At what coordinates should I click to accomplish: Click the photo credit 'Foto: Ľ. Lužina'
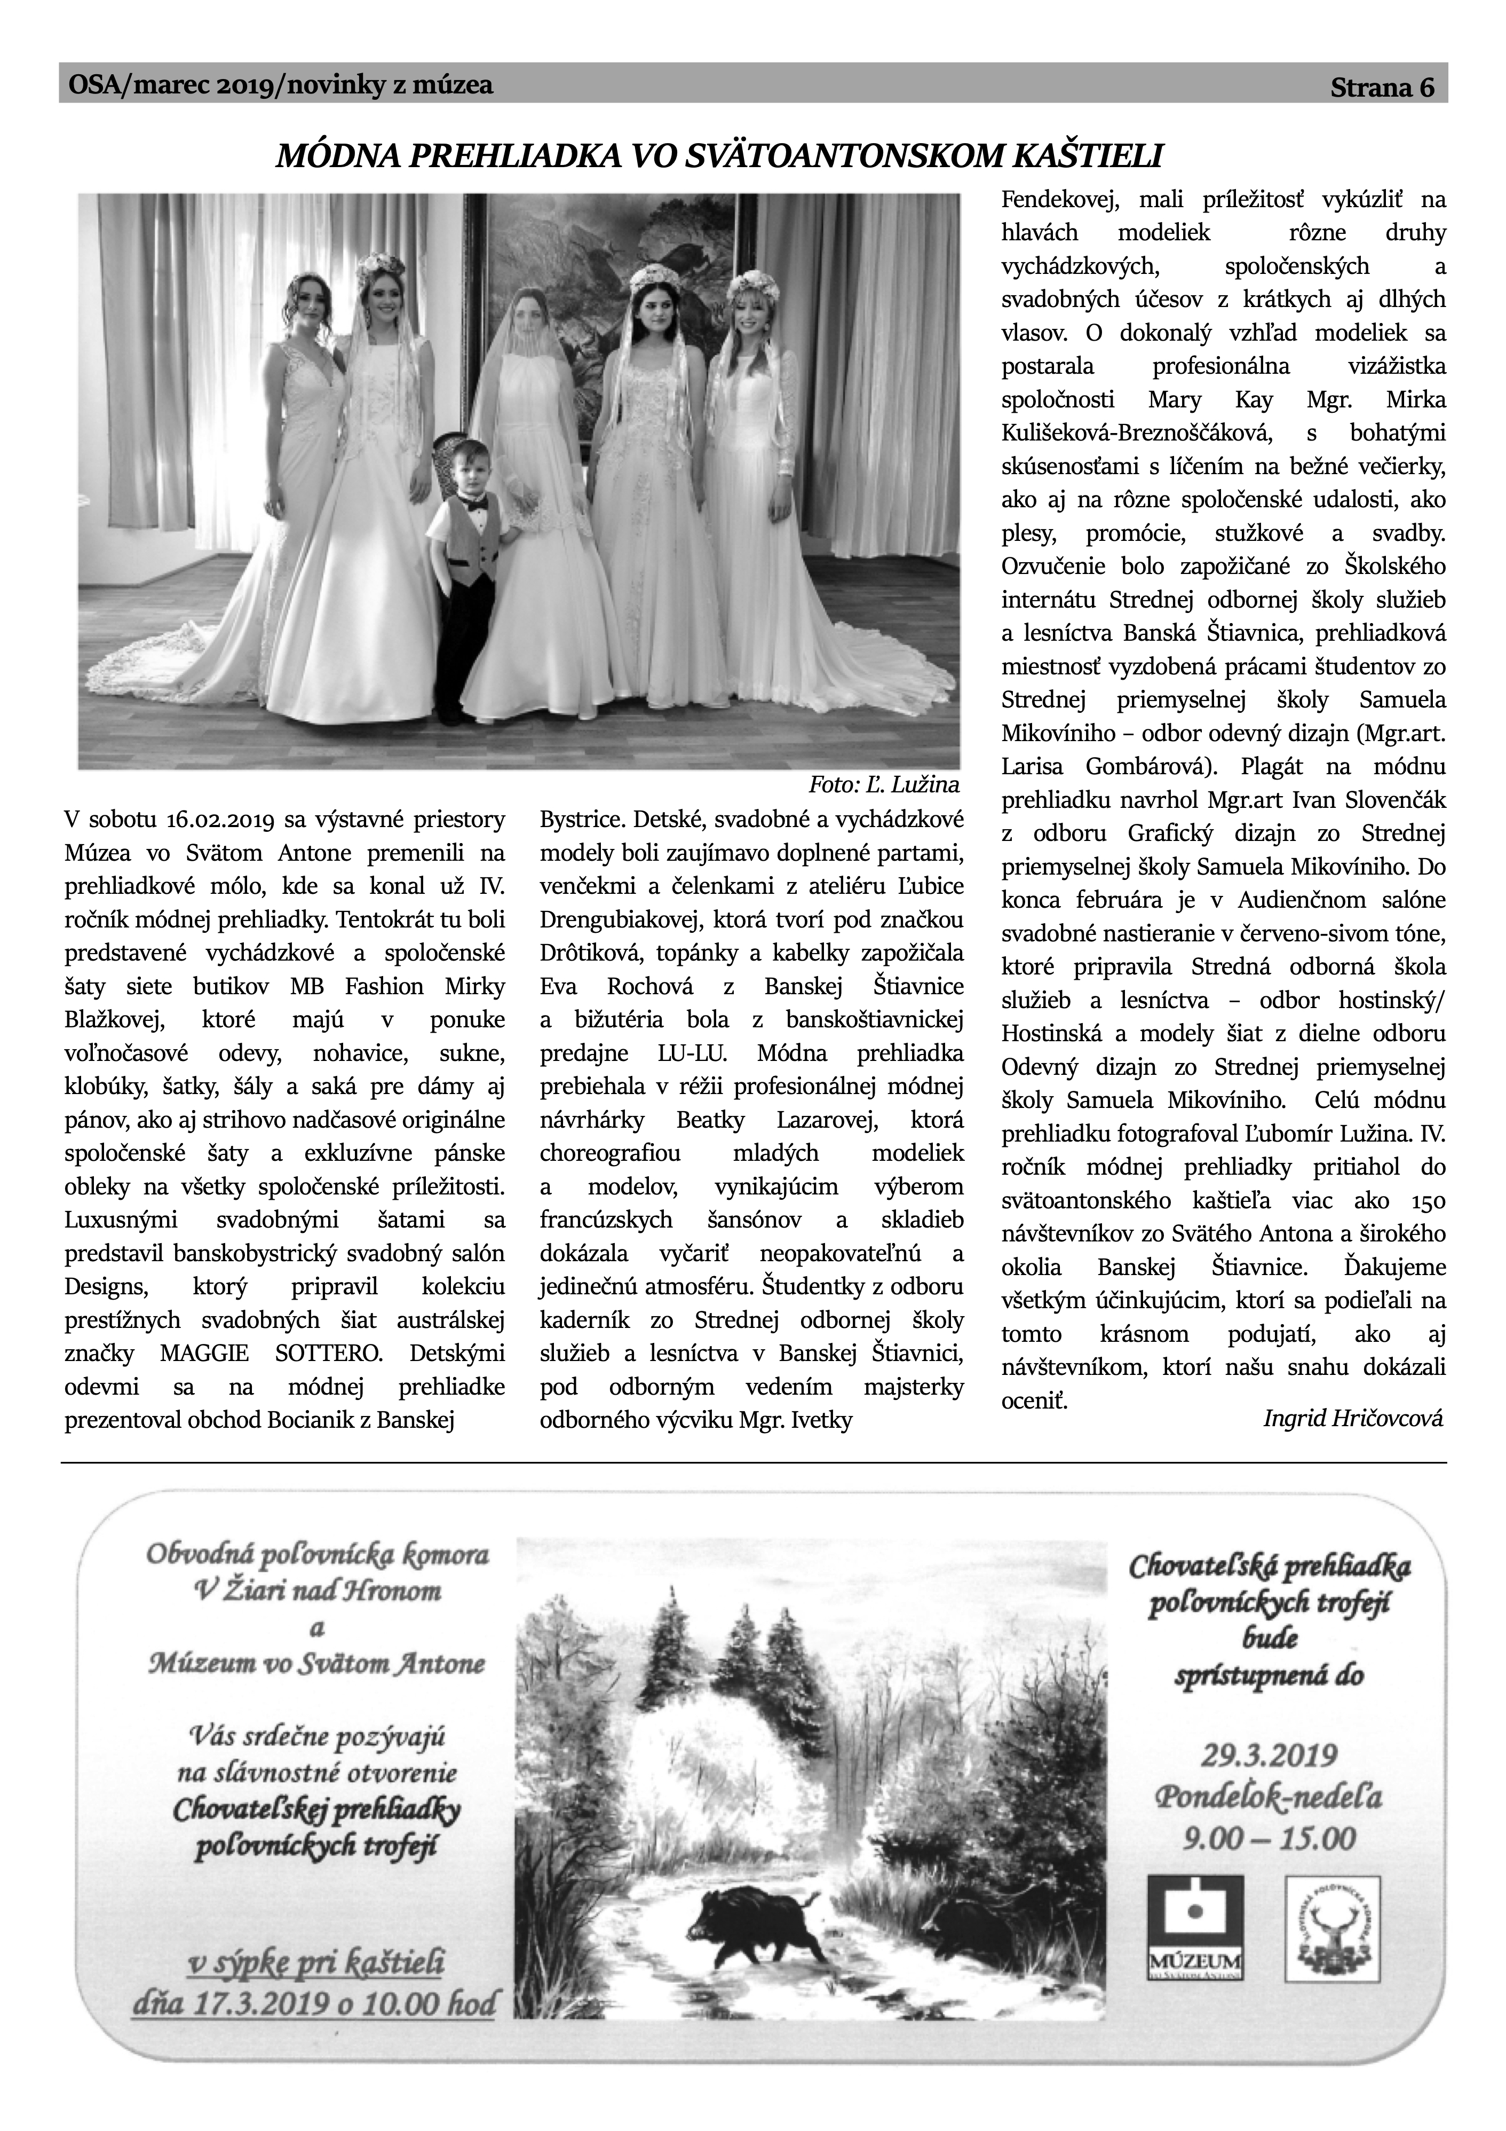tap(883, 785)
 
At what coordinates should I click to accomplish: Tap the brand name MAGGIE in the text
tap(204, 1353)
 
